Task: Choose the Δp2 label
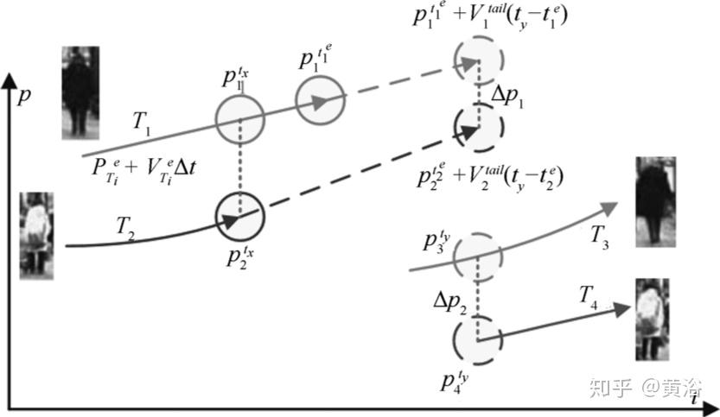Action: (450, 301)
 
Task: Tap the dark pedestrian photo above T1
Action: (80, 92)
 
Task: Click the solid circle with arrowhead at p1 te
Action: (321, 100)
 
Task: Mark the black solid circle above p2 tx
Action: (239, 216)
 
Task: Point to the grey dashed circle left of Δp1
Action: (478, 63)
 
